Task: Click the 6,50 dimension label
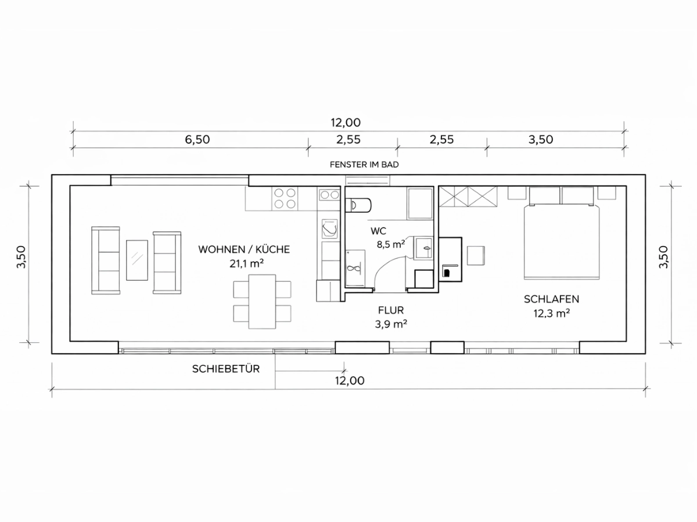(197, 139)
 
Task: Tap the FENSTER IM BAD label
(364, 165)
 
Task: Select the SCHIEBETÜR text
(226, 369)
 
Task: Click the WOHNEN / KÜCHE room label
(244, 249)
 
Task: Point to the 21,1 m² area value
(246, 263)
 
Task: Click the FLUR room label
(390, 310)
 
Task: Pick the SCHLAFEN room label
(551, 299)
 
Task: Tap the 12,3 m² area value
(551, 313)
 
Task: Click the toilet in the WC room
(358, 205)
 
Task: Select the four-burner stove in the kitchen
(285, 198)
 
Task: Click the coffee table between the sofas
(137, 260)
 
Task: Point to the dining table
(262, 302)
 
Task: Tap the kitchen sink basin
(329, 228)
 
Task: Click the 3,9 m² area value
(391, 324)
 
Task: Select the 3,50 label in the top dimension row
(540, 139)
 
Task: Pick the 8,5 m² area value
(390, 244)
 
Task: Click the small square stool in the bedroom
(476, 255)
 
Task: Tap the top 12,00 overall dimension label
(346, 122)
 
